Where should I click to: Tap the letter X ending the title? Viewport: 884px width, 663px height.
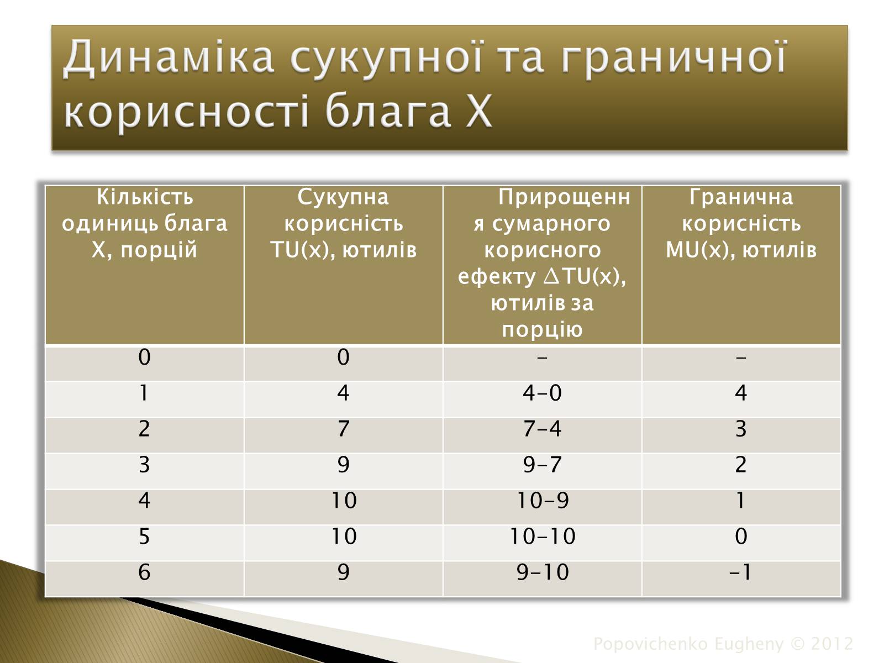(479, 110)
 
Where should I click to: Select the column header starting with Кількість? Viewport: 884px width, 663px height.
(144, 223)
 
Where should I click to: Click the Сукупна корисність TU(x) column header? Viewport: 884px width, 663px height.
(343, 223)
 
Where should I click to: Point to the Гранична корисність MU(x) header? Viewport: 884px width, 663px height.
(741, 223)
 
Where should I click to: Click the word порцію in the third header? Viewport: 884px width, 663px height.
(542, 329)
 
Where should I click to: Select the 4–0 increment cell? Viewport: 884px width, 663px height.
(542, 392)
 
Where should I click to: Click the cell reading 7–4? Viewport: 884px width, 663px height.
(542, 428)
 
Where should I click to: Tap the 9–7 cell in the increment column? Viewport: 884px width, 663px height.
(542, 464)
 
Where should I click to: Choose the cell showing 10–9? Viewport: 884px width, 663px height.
(543, 501)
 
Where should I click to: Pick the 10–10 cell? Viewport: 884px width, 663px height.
(543, 536)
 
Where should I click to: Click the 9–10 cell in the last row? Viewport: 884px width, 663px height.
(543, 572)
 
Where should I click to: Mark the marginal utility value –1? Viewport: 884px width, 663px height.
(740, 572)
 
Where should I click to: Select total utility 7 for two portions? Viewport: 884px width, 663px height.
(343, 428)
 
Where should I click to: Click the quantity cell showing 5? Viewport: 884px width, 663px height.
(144, 536)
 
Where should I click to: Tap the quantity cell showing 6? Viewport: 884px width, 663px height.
(144, 572)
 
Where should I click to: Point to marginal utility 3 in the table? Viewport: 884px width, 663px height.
(741, 428)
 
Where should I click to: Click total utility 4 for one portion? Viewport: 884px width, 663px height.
(343, 392)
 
